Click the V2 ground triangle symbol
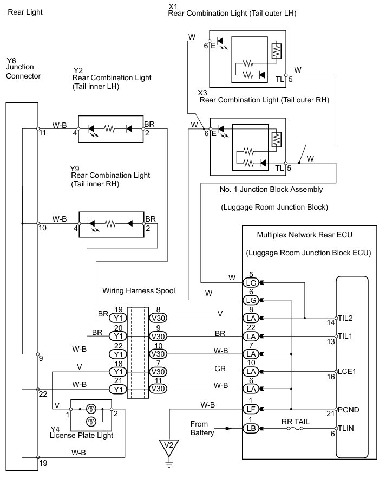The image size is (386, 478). [x=169, y=447]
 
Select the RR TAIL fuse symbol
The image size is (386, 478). [x=295, y=428]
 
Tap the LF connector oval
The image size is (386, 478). [x=251, y=409]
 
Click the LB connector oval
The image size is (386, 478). [x=251, y=428]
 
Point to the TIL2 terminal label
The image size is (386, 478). [x=345, y=318]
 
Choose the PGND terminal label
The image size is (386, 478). [x=348, y=410]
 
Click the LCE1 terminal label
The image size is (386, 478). [x=346, y=371]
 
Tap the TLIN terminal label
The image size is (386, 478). [x=346, y=428]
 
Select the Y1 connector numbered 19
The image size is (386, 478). [x=118, y=318]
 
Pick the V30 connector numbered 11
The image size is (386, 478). [x=158, y=389]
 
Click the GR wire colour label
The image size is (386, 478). [x=220, y=369]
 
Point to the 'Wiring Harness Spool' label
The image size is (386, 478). [x=139, y=290]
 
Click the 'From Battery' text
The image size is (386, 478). [x=202, y=428]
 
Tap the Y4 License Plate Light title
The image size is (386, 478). [x=82, y=432]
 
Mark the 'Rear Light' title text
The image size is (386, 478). [x=25, y=12]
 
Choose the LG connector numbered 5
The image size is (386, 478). [x=251, y=283]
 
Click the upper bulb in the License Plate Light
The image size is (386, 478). [x=91, y=408]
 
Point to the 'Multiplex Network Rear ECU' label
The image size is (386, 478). [x=305, y=235]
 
